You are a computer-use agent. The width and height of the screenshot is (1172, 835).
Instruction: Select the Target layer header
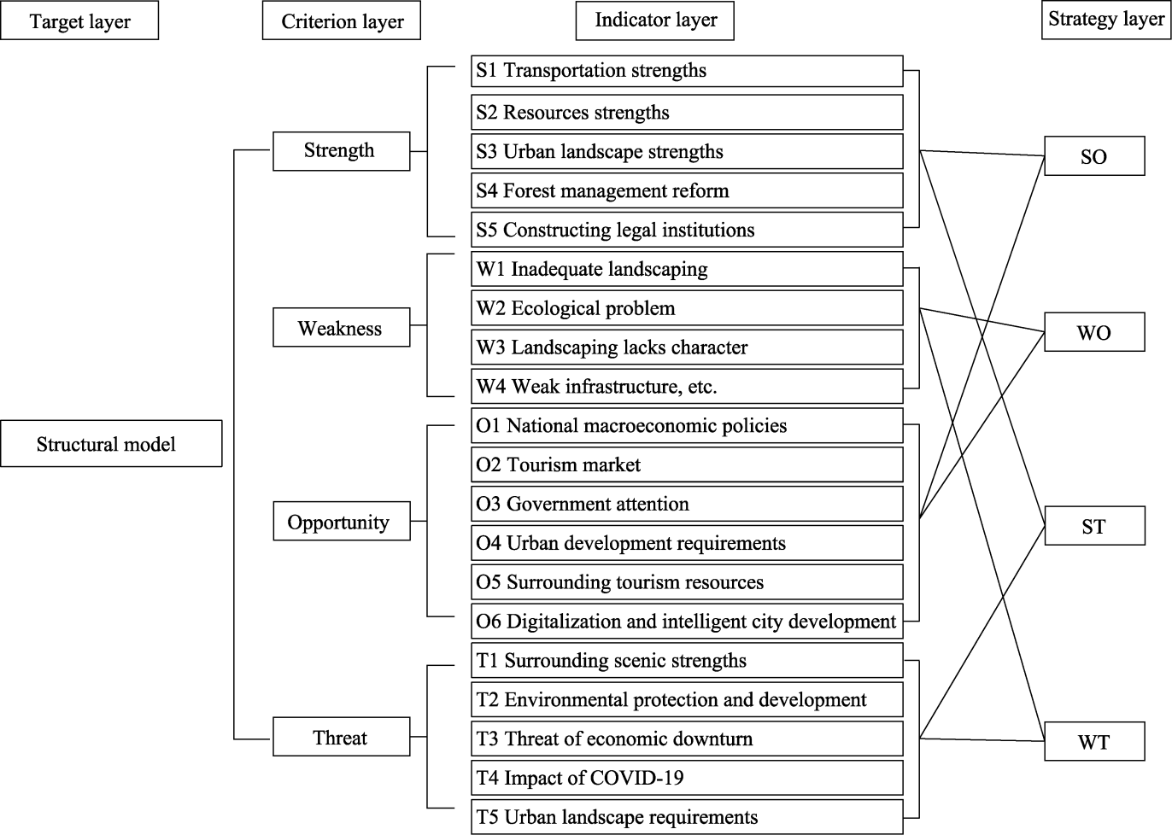[x=79, y=21]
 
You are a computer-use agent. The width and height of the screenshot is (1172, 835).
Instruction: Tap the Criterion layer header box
[x=342, y=21]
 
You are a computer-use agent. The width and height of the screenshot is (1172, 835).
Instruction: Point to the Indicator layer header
[x=655, y=20]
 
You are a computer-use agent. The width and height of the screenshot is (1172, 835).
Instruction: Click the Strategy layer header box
[x=1105, y=19]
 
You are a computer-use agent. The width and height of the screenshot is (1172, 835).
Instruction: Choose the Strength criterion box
[x=341, y=151]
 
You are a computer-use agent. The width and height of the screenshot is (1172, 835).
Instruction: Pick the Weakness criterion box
[x=341, y=329]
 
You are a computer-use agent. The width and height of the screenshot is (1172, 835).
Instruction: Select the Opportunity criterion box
[x=341, y=522]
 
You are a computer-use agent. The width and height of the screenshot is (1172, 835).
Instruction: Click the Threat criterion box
[x=341, y=738]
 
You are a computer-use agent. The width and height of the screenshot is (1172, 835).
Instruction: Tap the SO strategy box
[x=1093, y=157]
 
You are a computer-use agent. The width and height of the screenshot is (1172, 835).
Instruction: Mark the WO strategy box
[x=1093, y=333]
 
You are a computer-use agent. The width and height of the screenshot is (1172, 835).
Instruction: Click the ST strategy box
[x=1093, y=527]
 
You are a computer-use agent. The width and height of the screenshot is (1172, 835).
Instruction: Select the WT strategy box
[x=1093, y=742]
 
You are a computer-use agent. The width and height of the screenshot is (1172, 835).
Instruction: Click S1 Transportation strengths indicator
[x=687, y=71]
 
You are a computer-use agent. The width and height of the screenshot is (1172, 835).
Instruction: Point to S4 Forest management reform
[x=687, y=190]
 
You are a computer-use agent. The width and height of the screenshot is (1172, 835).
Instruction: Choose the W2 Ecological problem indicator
[x=687, y=308]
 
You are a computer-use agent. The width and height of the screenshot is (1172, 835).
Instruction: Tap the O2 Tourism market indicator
[x=687, y=464]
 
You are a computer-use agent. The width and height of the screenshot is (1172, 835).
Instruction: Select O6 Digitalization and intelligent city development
[x=687, y=622]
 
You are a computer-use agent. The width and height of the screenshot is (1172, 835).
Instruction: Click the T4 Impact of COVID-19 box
[x=687, y=778]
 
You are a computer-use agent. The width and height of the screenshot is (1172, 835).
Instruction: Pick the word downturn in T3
[x=711, y=739]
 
